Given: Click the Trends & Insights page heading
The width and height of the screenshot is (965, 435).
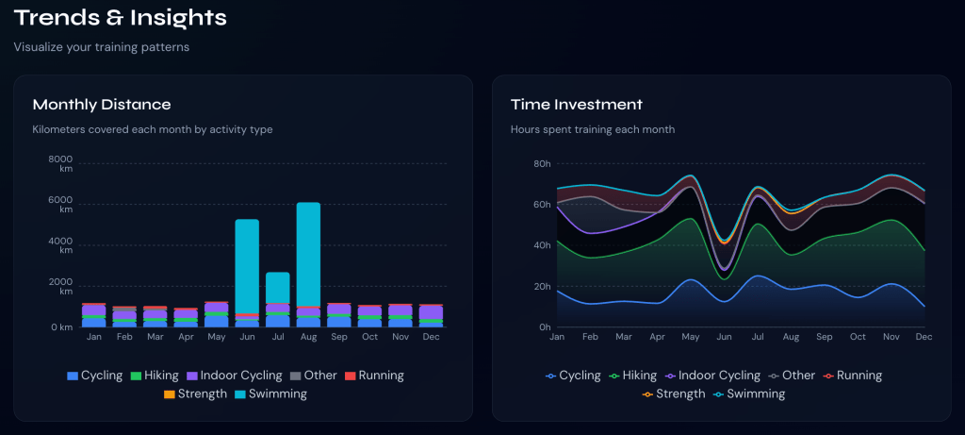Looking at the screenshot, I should [120, 17].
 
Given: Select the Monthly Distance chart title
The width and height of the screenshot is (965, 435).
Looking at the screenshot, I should [102, 105].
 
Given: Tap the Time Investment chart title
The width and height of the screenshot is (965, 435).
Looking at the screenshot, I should [576, 105].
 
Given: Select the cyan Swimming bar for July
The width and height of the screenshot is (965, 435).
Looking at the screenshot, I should [277, 287].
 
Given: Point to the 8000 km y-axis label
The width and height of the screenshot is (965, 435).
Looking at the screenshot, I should [60, 164].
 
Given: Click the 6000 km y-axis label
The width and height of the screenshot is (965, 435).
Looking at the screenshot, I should [60, 205].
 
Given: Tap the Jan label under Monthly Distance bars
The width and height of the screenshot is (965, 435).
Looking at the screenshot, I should [94, 337].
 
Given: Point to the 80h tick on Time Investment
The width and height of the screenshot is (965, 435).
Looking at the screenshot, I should [542, 164].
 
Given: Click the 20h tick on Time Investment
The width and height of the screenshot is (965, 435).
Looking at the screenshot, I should [542, 287].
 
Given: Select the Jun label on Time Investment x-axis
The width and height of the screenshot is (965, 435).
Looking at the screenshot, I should [724, 337].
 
